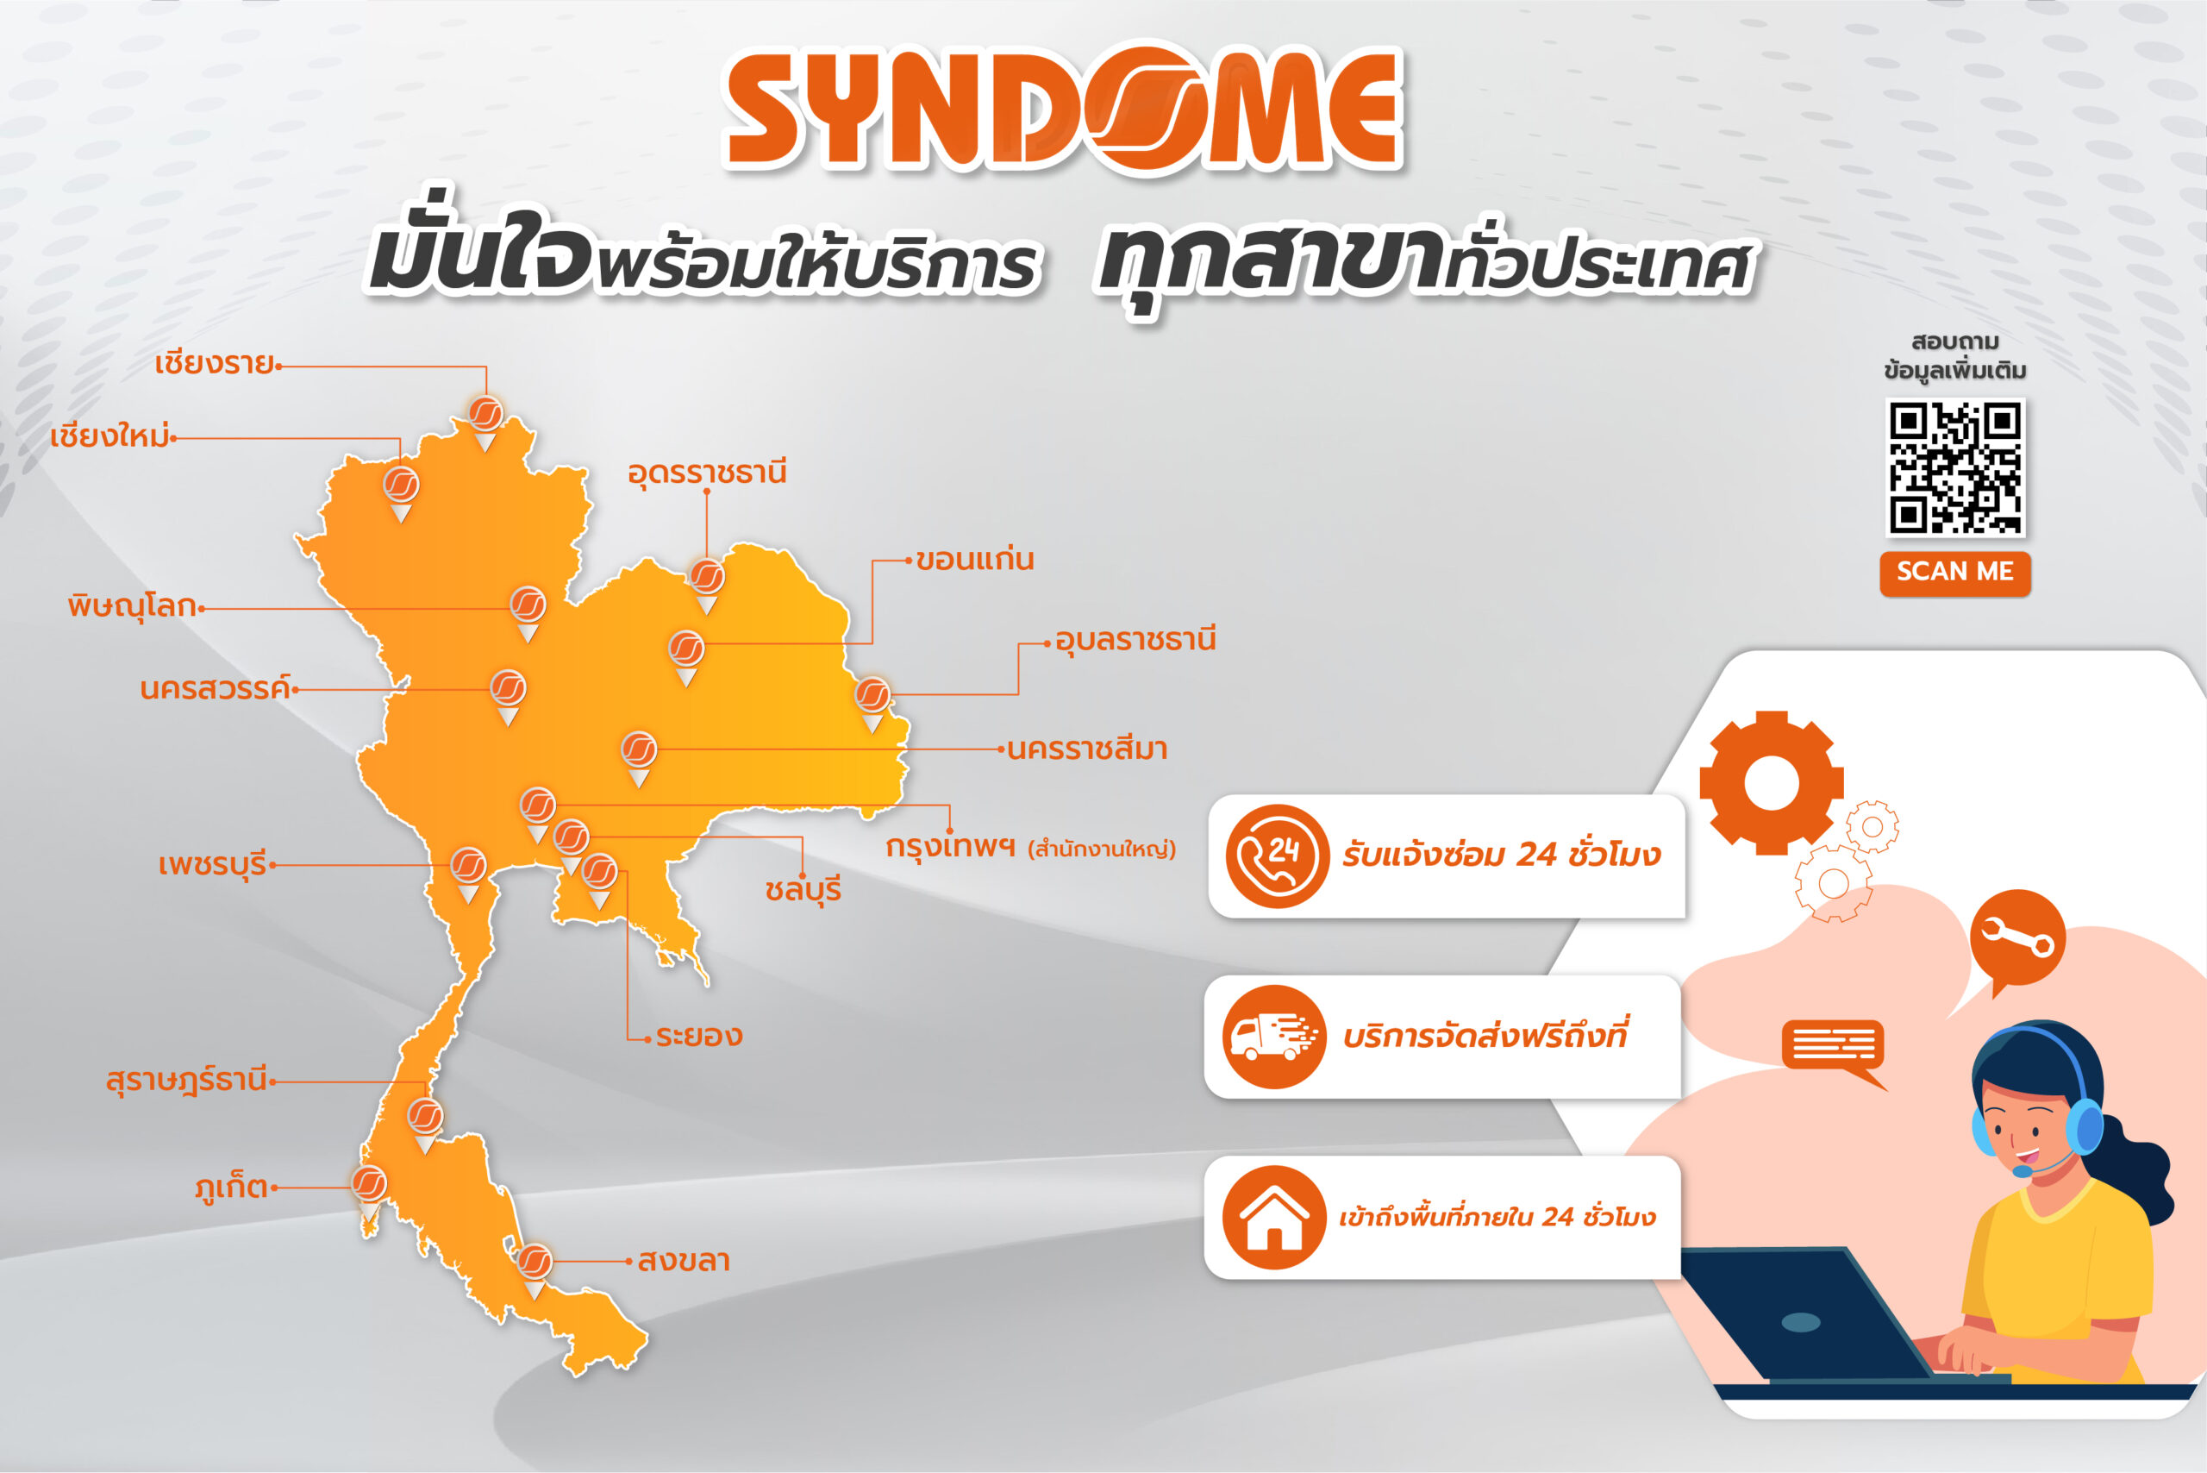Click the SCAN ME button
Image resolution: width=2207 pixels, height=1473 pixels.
click(1954, 572)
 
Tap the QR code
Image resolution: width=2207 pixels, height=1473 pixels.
click(1954, 467)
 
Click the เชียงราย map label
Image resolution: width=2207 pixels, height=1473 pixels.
click(215, 364)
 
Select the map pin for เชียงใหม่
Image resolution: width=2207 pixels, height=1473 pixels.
click(401, 493)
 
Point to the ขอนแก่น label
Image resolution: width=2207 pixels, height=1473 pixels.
click(975, 560)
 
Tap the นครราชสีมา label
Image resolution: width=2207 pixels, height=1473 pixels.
click(1086, 749)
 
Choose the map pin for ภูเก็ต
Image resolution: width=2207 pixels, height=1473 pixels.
click(369, 1193)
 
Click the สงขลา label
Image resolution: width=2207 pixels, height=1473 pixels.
click(684, 1261)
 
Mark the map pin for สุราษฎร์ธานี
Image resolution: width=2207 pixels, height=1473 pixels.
click(425, 1125)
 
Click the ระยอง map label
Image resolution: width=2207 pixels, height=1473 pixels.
click(698, 1036)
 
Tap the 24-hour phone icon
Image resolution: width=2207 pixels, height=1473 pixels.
click(1276, 856)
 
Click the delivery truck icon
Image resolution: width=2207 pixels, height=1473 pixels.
click(1274, 1037)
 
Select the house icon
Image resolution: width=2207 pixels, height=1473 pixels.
click(1274, 1218)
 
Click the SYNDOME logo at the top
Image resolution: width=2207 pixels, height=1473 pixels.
click(1064, 108)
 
